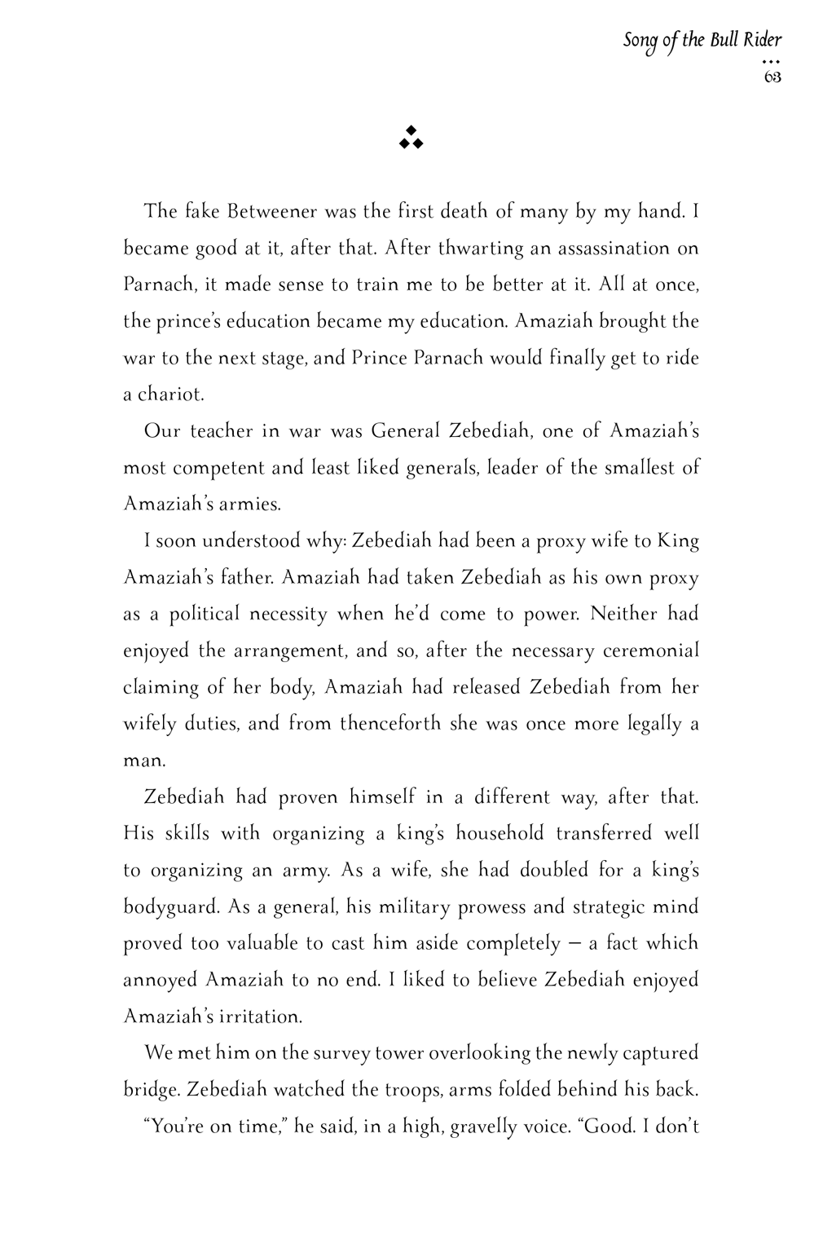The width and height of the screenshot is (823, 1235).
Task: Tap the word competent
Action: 218,468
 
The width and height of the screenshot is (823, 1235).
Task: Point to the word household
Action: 500,833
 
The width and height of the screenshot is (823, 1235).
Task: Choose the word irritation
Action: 259,1017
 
